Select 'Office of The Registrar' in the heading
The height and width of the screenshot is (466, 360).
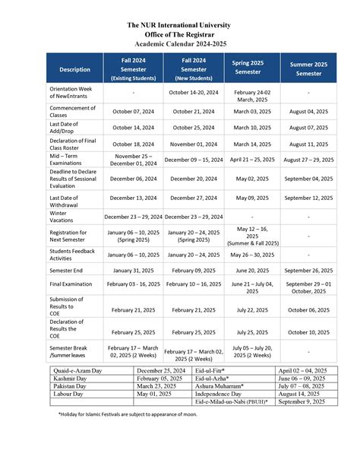(180, 34)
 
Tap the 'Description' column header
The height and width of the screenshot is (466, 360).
(74, 69)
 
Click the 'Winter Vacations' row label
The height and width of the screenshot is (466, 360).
(65, 217)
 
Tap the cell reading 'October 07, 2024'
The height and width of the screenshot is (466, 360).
(133, 111)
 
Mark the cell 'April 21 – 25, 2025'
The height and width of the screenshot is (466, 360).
(251, 160)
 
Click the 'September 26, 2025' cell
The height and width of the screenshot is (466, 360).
(308, 269)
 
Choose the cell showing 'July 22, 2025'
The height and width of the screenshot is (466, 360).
(251, 310)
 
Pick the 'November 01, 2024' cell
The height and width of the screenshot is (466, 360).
(194, 143)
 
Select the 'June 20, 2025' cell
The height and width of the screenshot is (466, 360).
(251, 269)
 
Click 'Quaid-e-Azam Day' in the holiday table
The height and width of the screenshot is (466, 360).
(77, 370)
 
